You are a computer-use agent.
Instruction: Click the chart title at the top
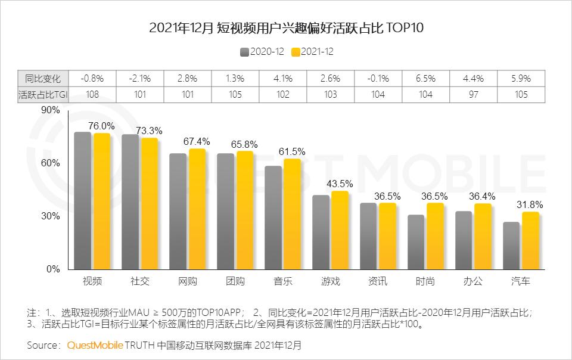(285, 28)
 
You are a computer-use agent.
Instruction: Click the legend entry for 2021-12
(312, 52)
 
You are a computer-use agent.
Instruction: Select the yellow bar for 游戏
(340, 230)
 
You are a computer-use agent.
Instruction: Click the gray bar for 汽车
(511, 246)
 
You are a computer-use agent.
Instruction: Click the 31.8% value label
(530, 204)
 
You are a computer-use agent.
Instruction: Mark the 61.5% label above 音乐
(292, 151)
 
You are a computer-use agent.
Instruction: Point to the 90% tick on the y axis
(51, 110)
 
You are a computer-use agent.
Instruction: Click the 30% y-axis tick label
(51, 216)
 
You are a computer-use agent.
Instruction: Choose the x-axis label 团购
(235, 281)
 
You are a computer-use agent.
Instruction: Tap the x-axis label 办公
(473, 281)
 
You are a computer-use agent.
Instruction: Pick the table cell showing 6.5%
(425, 78)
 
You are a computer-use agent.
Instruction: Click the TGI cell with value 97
(473, 94)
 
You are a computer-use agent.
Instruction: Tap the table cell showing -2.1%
(139, 78)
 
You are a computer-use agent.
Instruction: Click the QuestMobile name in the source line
(95, 346)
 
